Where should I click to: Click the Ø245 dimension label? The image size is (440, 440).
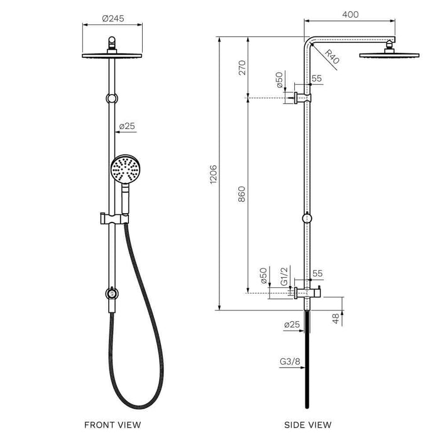click(113, 18)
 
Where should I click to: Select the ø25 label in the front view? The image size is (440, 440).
click(127, 126)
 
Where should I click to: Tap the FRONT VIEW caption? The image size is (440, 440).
click(113, 426)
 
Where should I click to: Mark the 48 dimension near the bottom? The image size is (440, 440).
click(336, 319)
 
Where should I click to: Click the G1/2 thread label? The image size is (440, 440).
click(284, 277)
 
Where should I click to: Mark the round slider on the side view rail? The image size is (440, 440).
click(307, 218)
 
